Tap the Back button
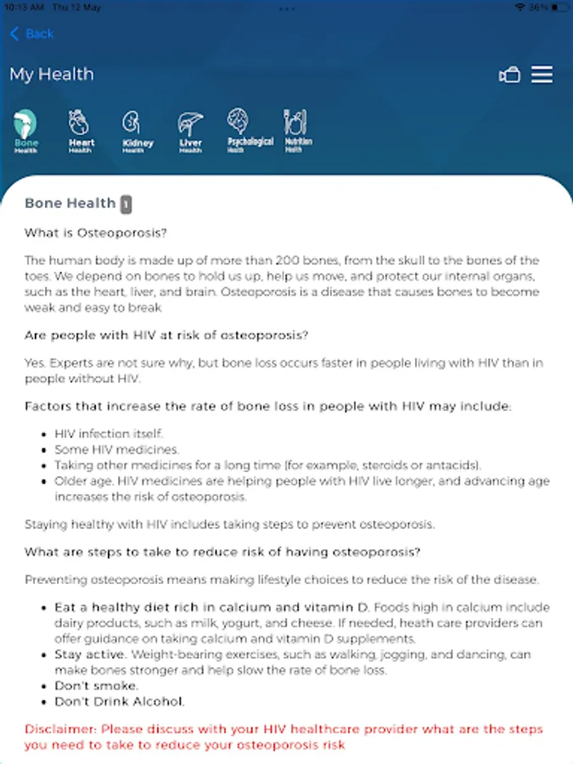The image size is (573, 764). (31, 34)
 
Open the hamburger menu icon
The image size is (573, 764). (542, 75)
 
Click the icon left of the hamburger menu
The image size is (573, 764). (508, 76)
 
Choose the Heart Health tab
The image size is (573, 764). (81, 131)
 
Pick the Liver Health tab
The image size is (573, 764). (190, 132)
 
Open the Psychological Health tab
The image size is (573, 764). (250, 131)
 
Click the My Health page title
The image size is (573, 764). (52, 75)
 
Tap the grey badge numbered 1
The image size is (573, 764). (126, 204)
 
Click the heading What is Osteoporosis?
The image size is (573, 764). (96, 233)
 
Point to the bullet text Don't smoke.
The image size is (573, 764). (97, 686)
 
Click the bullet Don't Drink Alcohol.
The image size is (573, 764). (120, 702)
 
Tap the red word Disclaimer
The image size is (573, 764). (60, 729)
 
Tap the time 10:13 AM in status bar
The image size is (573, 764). (23, 7)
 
